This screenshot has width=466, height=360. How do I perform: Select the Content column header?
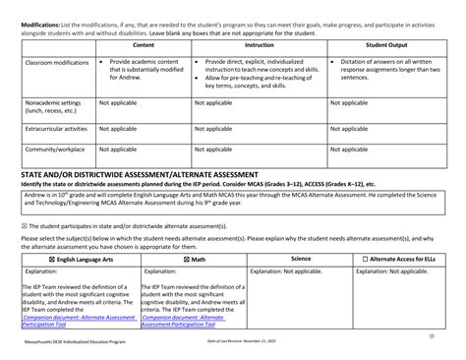pos(144,46)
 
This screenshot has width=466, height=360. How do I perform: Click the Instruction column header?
pos(259,46)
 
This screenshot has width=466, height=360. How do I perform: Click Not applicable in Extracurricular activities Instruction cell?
pos(213,128)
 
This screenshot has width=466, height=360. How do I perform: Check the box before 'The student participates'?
pos(25,225)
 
